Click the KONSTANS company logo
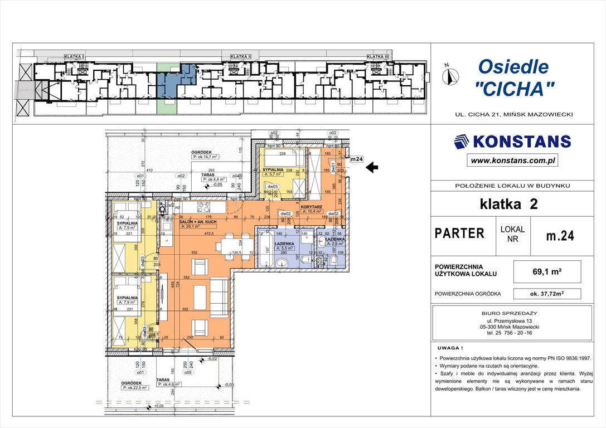point(512,142)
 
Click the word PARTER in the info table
point(459,234)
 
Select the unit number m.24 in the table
point(559,236)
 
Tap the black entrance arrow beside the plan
point(373,166)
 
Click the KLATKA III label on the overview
point(377,56)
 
